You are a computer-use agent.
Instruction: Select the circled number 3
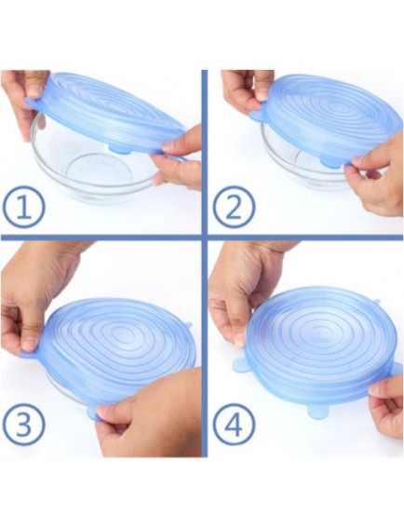point(23,424)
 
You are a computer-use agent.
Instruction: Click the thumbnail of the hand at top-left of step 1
point(34,88)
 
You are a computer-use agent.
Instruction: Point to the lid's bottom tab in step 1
point(120,149)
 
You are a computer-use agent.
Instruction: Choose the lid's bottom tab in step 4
point(318,412)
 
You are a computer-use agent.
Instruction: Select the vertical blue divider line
point(204,264)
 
